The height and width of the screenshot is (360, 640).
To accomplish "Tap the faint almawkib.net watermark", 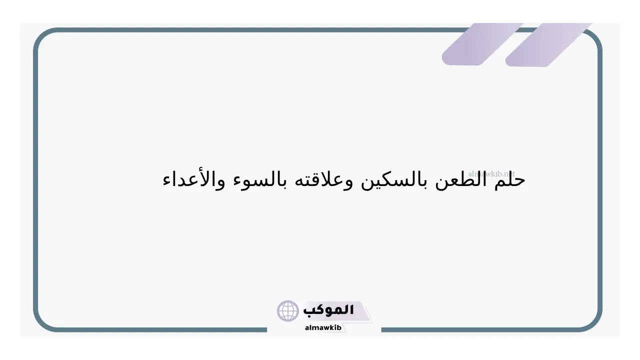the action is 491,173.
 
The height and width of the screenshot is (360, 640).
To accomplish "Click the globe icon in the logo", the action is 287,311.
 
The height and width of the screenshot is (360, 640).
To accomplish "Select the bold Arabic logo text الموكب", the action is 328,310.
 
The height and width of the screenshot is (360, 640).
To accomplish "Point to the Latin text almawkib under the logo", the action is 323,327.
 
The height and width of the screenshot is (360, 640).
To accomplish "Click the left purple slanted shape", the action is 482,44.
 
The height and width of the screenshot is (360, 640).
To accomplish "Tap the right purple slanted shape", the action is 548,45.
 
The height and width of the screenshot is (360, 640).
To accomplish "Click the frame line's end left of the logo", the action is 266,329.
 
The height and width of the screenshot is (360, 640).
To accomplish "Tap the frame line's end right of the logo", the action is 381,329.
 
